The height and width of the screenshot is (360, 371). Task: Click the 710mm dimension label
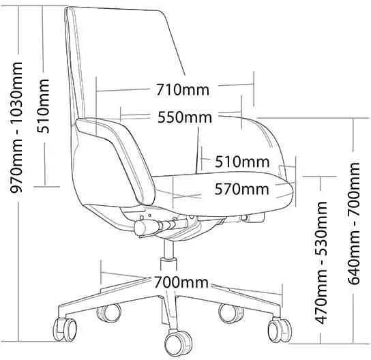pos(183,89)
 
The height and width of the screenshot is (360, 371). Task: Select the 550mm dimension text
pos(185,117)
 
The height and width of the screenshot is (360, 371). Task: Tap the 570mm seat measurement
pos(242,189)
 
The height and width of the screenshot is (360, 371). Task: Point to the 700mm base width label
pos(181,282)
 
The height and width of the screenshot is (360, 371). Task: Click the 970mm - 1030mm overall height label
pos(16,127)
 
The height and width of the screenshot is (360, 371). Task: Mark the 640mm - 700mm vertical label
pos(354,223)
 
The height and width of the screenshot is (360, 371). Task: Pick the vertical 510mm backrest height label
pos(43,106)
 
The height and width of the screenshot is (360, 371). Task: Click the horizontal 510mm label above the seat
pos(242,162)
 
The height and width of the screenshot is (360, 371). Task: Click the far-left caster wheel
pos(64,329)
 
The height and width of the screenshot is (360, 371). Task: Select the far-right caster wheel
pos(279,330)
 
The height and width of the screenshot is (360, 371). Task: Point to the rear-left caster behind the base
pos(109,312)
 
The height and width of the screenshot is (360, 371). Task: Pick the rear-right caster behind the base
pos(231,313)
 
